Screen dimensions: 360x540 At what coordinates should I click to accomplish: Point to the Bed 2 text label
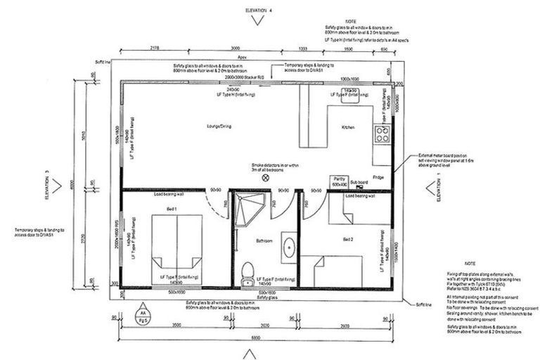(348, 239)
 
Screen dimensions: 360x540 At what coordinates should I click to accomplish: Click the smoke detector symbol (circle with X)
(265, 179)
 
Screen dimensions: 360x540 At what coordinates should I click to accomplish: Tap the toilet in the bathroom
(247, 271)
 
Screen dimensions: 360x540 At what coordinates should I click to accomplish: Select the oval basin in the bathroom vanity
(288, 247)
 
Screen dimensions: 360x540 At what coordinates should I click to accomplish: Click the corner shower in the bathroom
(249, 208)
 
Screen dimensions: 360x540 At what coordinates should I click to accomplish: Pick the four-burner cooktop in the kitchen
(382, 131)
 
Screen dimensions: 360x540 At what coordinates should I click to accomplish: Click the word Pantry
(340, 179)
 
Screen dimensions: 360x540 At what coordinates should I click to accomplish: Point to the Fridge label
(378, 177)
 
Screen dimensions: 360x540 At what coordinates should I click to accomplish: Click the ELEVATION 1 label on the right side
(437, 191)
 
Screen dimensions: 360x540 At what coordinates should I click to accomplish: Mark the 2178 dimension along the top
(155, 49)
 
